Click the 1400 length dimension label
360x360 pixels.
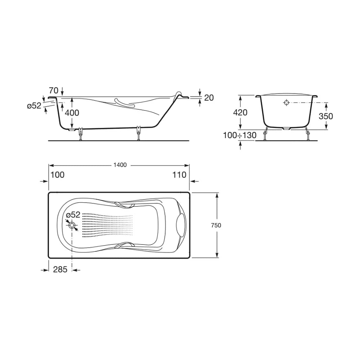click(x=120, y=165)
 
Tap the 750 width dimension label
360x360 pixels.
click(x=216, y=225)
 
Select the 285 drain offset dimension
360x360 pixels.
click(x=60, y=269)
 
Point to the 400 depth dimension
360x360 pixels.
click(x=72, y=113)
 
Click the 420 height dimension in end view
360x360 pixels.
click(x=240, y=112)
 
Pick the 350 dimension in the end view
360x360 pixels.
click(x=326, y=116)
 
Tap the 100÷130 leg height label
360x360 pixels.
click(x=240, y=135)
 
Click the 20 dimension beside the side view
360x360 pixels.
click(x=209, y=98)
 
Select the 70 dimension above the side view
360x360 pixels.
click(x=54, y=90)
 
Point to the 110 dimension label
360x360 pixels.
click(x=179, y=175)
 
